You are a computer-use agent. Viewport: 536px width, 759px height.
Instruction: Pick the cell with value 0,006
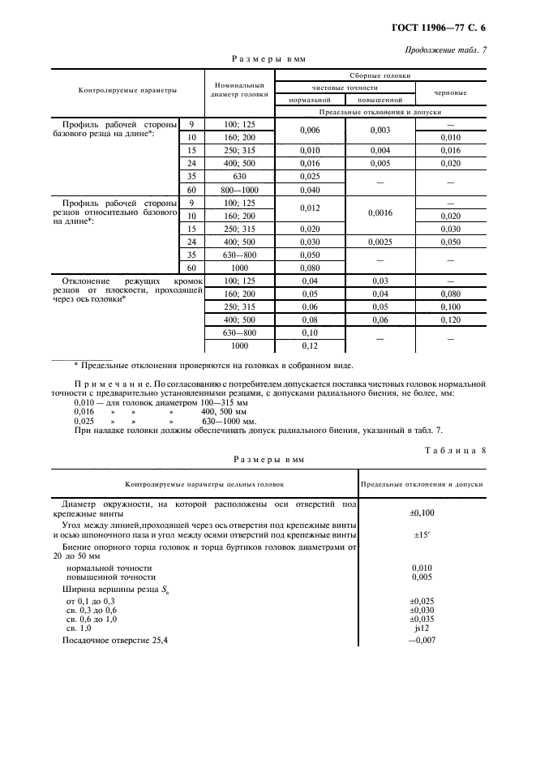(311, 130)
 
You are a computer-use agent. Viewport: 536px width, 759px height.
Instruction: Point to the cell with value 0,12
(311, 345)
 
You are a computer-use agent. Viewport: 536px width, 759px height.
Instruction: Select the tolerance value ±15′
(422, 534)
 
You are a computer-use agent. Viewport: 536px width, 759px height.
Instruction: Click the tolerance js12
(422, 628)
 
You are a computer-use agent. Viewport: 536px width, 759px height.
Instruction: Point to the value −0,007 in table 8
(422, 641)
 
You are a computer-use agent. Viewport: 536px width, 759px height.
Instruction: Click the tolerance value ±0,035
(422, 618)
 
